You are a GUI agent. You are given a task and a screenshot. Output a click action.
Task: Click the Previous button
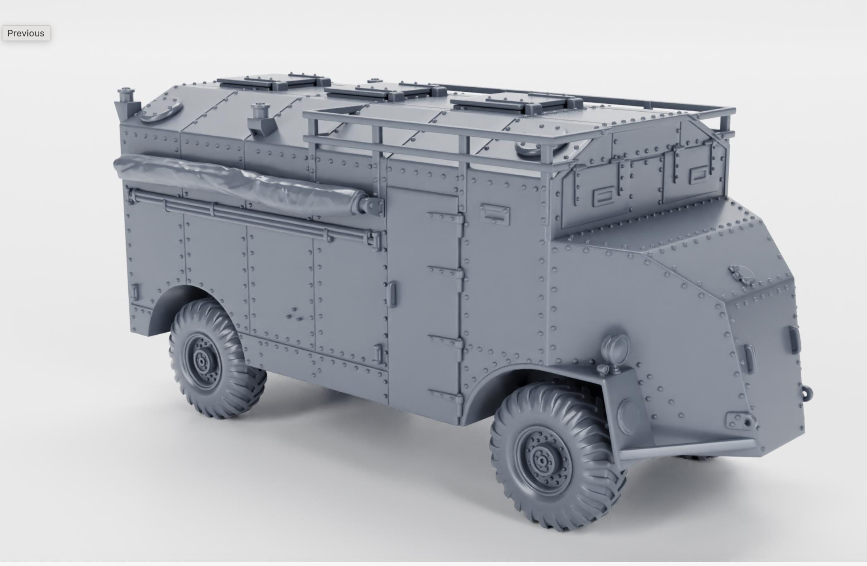point(26,33)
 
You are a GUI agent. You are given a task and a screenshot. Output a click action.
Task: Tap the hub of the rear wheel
point(202,361)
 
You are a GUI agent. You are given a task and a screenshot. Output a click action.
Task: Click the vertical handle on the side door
point(392,294)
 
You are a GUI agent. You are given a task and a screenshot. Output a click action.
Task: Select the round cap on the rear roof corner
point(161,110)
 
